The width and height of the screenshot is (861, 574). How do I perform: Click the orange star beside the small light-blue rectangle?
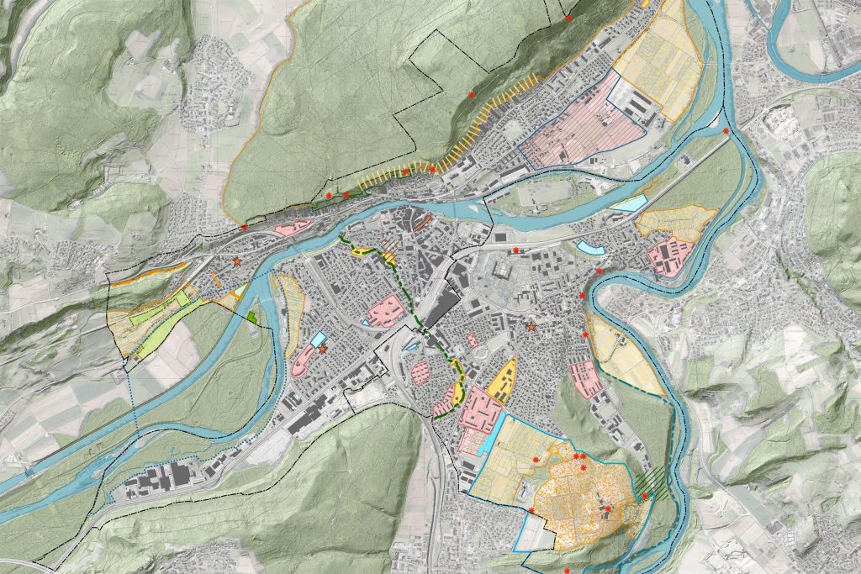click(x=323, y=348)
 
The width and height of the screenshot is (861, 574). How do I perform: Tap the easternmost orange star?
click(x=531, y=327)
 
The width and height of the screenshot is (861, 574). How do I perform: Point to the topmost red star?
click(x=568, y=18)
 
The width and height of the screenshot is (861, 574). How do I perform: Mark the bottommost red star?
click(x=567, y=571)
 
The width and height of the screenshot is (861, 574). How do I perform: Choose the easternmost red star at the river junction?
click(x=726, y=131)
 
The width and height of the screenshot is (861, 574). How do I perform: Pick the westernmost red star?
click(x=245, y=227)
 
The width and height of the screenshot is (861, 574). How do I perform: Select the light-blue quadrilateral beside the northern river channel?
click(x=628, y=202)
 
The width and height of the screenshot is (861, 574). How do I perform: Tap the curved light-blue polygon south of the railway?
click(x=592, y=247)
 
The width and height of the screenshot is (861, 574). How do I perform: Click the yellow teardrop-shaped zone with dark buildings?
click(x=502, y=379)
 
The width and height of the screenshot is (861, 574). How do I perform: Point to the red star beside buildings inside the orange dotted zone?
click(x=607, y=508)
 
